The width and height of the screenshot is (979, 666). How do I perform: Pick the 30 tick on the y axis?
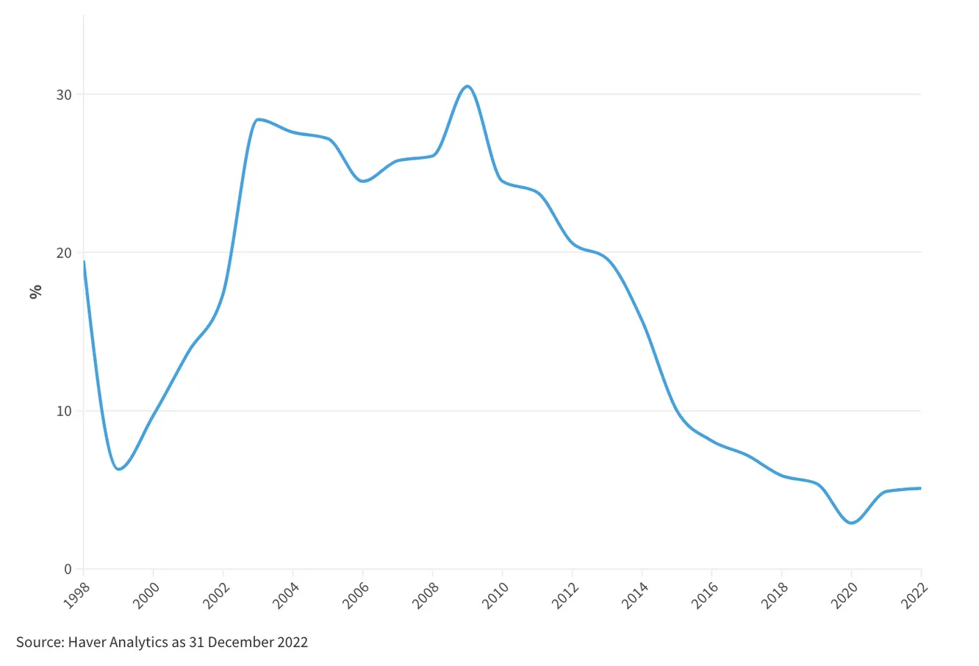click(x=64, y=95)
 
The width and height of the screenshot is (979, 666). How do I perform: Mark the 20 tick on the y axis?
click(x=64, y=253)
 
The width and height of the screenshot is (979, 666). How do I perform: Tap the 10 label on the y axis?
click(x=64, y=411)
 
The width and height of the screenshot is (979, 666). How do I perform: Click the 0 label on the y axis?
click(x=68, y=569)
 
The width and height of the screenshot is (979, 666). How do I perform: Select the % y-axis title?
click(x=35, y=291)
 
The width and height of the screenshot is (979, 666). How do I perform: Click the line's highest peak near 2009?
click(x=467, y=86)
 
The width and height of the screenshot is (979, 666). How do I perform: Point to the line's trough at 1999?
click(x=118, y=469)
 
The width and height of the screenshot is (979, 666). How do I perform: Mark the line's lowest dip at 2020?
click(x=851, y=523)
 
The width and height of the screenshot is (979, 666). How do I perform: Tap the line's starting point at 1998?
click(x=84, y=262)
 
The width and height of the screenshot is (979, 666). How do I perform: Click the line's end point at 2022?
click(x=920, y=488)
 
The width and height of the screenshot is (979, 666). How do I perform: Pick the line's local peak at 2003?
click(x=257, y=119)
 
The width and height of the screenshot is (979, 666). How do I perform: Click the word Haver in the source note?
click(x=87, y=642)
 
